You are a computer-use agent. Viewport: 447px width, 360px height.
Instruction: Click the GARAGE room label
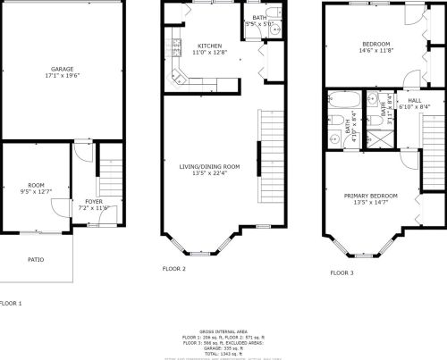tap(62, 69)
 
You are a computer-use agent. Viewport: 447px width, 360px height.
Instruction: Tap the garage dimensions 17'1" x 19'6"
tap(62, 76)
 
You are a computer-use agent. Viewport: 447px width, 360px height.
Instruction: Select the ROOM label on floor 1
tap(36, 185)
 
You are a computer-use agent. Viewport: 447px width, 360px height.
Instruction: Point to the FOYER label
tap(94, 202)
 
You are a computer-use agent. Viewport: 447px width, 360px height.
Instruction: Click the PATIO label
tap(35, 260)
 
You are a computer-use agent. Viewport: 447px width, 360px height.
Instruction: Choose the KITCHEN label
tap(209, 46)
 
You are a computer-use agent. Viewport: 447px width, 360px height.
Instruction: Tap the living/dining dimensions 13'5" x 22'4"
tap(210, 173)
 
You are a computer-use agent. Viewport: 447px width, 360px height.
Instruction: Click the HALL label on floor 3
tap(416, 101)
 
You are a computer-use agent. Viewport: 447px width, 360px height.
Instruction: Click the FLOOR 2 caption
tap(173, 268)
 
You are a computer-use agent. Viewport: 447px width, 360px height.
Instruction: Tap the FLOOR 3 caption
tap(342, 272)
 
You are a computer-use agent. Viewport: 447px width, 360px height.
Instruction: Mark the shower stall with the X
tap(380, 138)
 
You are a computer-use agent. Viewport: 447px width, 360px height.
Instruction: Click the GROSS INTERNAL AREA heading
tap(224, 330)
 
